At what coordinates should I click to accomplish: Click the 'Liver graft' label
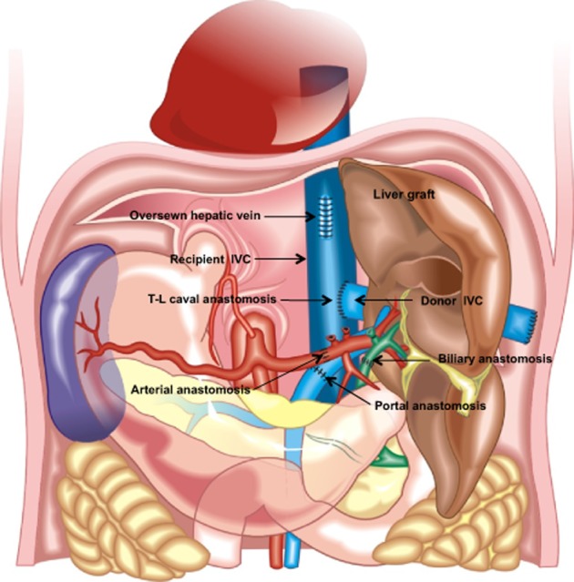click(x=404, y=194)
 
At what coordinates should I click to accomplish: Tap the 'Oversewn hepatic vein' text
click(x=195, y=215)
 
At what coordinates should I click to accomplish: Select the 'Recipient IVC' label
click(x=210, y=259)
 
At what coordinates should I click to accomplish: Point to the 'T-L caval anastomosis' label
click(x=212, y=299)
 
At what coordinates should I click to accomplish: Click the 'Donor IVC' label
click(x=452, y=301)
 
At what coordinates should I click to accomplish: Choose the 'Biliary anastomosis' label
click(x=495, y=359)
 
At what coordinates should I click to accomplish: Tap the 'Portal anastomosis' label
click(x=430, y=405)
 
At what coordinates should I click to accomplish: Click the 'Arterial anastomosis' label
click(x=190, y=390)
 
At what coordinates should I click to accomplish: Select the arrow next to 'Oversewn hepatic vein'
click(x=290, y=216)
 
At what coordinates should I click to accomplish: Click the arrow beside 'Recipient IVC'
click(x=280, y=259)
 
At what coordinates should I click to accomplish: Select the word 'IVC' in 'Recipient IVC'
click(x=241, y=259)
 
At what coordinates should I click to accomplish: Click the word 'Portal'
click(x=392, y=405)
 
